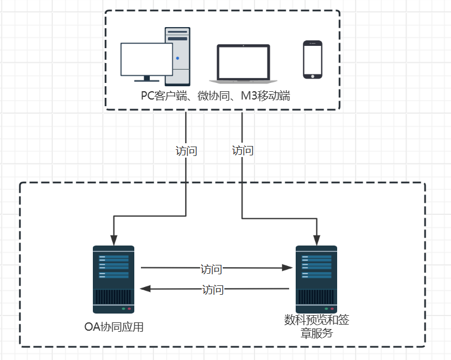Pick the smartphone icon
(312, 59)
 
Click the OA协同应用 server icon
(113, 279)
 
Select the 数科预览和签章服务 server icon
(317, 279)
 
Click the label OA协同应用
(114, 327)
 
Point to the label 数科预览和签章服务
(317, 327)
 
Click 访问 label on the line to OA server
(186, 151)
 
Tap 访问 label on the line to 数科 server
(243, 150)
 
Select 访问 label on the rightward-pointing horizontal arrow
(211, 269)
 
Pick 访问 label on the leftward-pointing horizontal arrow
(213, 289)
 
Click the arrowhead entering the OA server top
(113, 241)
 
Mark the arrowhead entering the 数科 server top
(317, 241)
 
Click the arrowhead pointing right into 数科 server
(287, 268)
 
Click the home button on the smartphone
(312, 75)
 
